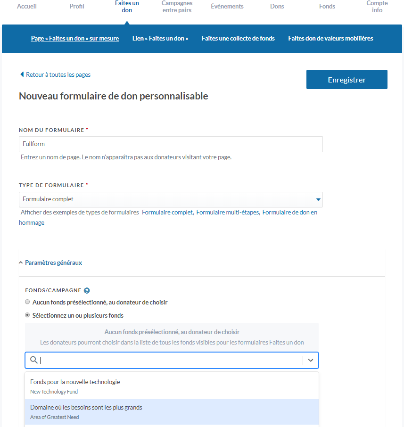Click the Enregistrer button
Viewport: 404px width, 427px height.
[x=346, y=80]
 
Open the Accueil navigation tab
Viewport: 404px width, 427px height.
[x=26, y=7]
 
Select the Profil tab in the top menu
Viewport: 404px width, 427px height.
[x=77, y=7]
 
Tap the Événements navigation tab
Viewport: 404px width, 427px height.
[x=227, y=7]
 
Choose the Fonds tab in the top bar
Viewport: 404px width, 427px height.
[x=327, y=7]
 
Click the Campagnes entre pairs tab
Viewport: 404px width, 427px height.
[x=177, y=7]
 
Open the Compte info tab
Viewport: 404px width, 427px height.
[x=377, y=7]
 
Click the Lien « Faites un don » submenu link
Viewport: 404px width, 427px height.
[x=160, y=38]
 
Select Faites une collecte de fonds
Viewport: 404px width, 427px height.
[x=238, y=38]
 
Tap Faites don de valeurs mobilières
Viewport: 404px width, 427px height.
[x=330, y=38]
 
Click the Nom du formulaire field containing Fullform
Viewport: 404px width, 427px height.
[x=171, y=144]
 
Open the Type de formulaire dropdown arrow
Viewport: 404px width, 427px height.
[x=319, y=199]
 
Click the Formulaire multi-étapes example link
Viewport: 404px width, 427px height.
[x=228, y=213]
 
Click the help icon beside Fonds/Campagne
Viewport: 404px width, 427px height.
[x=87, y=291]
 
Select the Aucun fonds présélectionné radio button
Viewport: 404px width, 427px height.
[x=27, y=302]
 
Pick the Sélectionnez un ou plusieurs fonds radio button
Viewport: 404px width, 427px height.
[x=27, y=315]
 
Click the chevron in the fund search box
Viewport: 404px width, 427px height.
[x=311, y=360]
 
